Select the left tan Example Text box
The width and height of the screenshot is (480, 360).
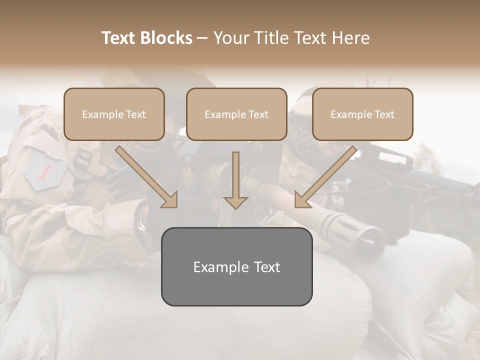click(114, 114)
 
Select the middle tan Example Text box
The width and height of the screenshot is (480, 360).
click(236, 114)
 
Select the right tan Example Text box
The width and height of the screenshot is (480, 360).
click(362, 114)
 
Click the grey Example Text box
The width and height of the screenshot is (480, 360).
click(236, 266)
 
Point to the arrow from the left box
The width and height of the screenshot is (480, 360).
click(145, 175)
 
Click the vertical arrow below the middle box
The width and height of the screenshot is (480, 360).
click(235, 180)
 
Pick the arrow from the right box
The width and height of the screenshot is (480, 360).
click(327, 175)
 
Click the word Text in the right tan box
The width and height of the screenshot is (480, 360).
click(384, 114)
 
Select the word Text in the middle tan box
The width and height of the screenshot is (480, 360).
click(258, 114)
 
